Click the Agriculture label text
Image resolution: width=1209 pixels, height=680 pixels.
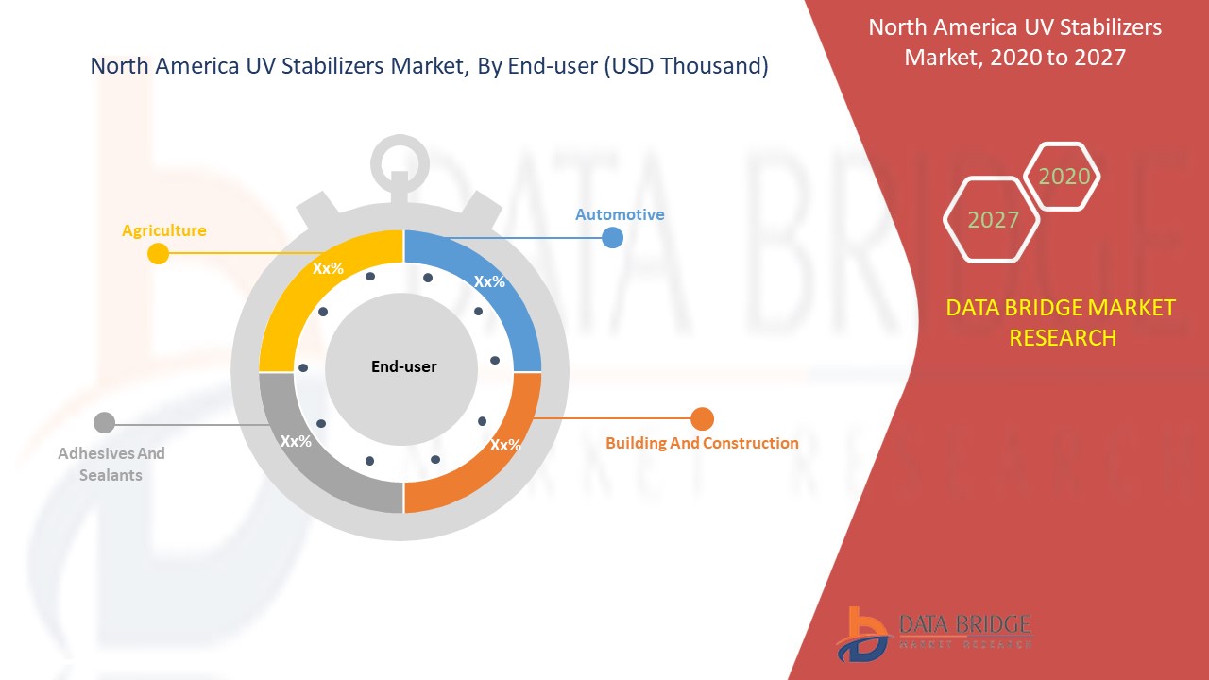164,231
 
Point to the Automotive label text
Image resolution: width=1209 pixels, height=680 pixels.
620,214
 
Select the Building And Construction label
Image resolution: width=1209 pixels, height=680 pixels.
702,443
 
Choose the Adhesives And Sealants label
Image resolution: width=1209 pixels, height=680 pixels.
111,464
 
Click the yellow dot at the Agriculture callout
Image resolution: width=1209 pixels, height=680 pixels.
158,253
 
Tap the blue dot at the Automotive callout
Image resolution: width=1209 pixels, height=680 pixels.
613,237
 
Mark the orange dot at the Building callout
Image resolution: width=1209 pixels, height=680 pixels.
702,418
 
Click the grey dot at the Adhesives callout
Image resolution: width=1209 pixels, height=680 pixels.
104,422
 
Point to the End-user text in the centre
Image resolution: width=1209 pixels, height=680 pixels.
403,367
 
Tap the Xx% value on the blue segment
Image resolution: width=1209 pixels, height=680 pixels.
489,281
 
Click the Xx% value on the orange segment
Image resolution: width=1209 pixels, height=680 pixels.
505,445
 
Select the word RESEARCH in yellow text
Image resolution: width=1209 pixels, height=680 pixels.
1063,338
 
